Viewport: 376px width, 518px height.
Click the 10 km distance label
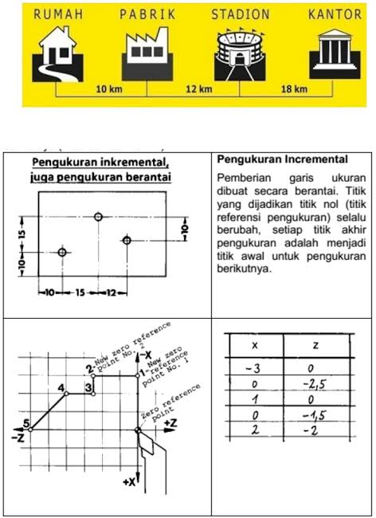(x=108, y=88)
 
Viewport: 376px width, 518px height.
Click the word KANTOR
(x=335, y=14)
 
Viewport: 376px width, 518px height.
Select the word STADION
(x=241, y=14)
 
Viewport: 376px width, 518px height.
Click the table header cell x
(x=254, y=346)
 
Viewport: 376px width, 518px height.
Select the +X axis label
(x=129, y=482)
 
